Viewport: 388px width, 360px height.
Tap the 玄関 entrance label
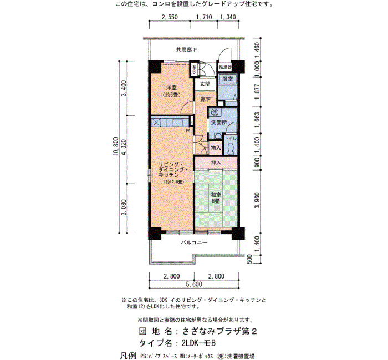click(x=205, y=84)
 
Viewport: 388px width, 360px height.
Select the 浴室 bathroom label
click(x=227, y=79)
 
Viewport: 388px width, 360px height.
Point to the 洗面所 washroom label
click(x=219, y=122)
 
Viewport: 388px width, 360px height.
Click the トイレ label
click(x=231, y=139)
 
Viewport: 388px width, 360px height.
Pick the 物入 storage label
click(x=215, y=148)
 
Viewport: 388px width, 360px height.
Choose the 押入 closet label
click(x=216, y=163)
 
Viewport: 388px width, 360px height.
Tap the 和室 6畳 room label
click(x=216, y=198)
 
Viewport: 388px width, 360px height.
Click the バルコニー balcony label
click(x=194, y=243)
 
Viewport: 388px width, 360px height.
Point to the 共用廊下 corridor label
click(x=186, y=50)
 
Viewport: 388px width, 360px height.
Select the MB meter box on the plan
click(x=194, y=69)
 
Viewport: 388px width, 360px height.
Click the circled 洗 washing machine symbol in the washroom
click(x=215, y=112)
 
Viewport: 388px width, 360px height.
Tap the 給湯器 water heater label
click(x=225, y=67)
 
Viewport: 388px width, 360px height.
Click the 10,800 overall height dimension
click(x=116, y=146)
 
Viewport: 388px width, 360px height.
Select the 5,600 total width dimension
click(x=194, y=284)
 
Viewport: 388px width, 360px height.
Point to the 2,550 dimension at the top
click(x=170, y=17)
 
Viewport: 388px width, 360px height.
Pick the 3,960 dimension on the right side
click(x=257, y=200)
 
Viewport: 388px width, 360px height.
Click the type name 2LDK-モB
click(x=198, y=343)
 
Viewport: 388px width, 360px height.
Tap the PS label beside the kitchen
click(x=188, y=131)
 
